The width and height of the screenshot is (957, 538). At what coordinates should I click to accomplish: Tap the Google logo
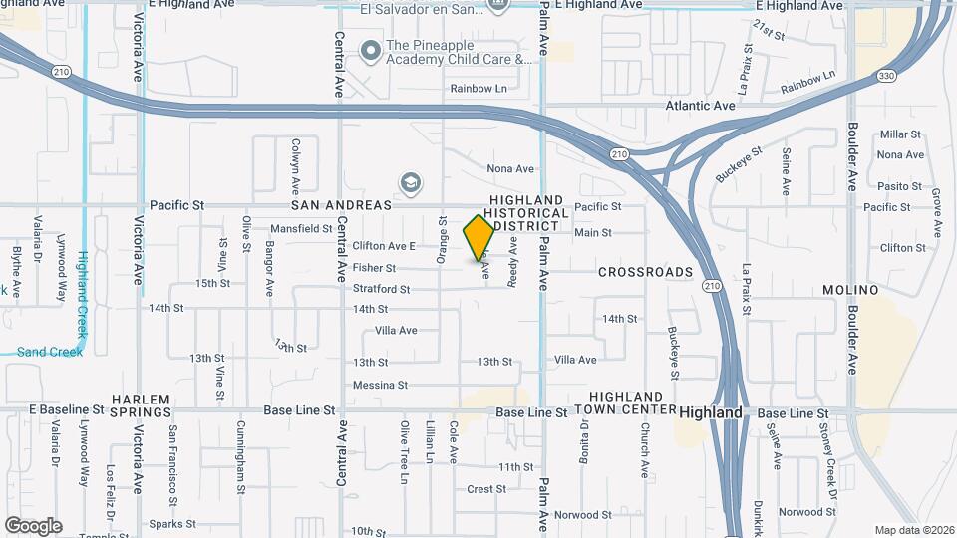click(x=33, y=526)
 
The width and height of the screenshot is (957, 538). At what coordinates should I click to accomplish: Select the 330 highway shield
click(x=887, y=76)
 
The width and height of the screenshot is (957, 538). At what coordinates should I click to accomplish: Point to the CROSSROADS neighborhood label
click(x=645, y=272)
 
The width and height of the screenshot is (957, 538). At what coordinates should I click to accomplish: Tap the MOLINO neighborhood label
click(x=849, y=290)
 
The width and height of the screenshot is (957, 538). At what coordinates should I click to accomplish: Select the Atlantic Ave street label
click(x=701, y=106)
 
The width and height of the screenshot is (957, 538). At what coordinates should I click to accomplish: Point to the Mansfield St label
click(x=301, y=229)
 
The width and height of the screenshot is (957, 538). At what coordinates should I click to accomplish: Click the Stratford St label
click(x=381, y=290)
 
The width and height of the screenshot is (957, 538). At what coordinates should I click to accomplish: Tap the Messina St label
click(x=380, y=386)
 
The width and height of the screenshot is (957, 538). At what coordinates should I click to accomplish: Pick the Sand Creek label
click(x=43, y=352)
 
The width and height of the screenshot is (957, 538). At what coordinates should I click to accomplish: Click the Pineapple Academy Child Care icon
click(x=371, y=48)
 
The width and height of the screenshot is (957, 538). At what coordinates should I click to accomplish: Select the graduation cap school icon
click(x=409, y=183)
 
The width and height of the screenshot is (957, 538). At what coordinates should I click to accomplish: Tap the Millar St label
click(x=900, y=134)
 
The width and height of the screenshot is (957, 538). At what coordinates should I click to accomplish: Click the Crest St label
click(x=487, y=489)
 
